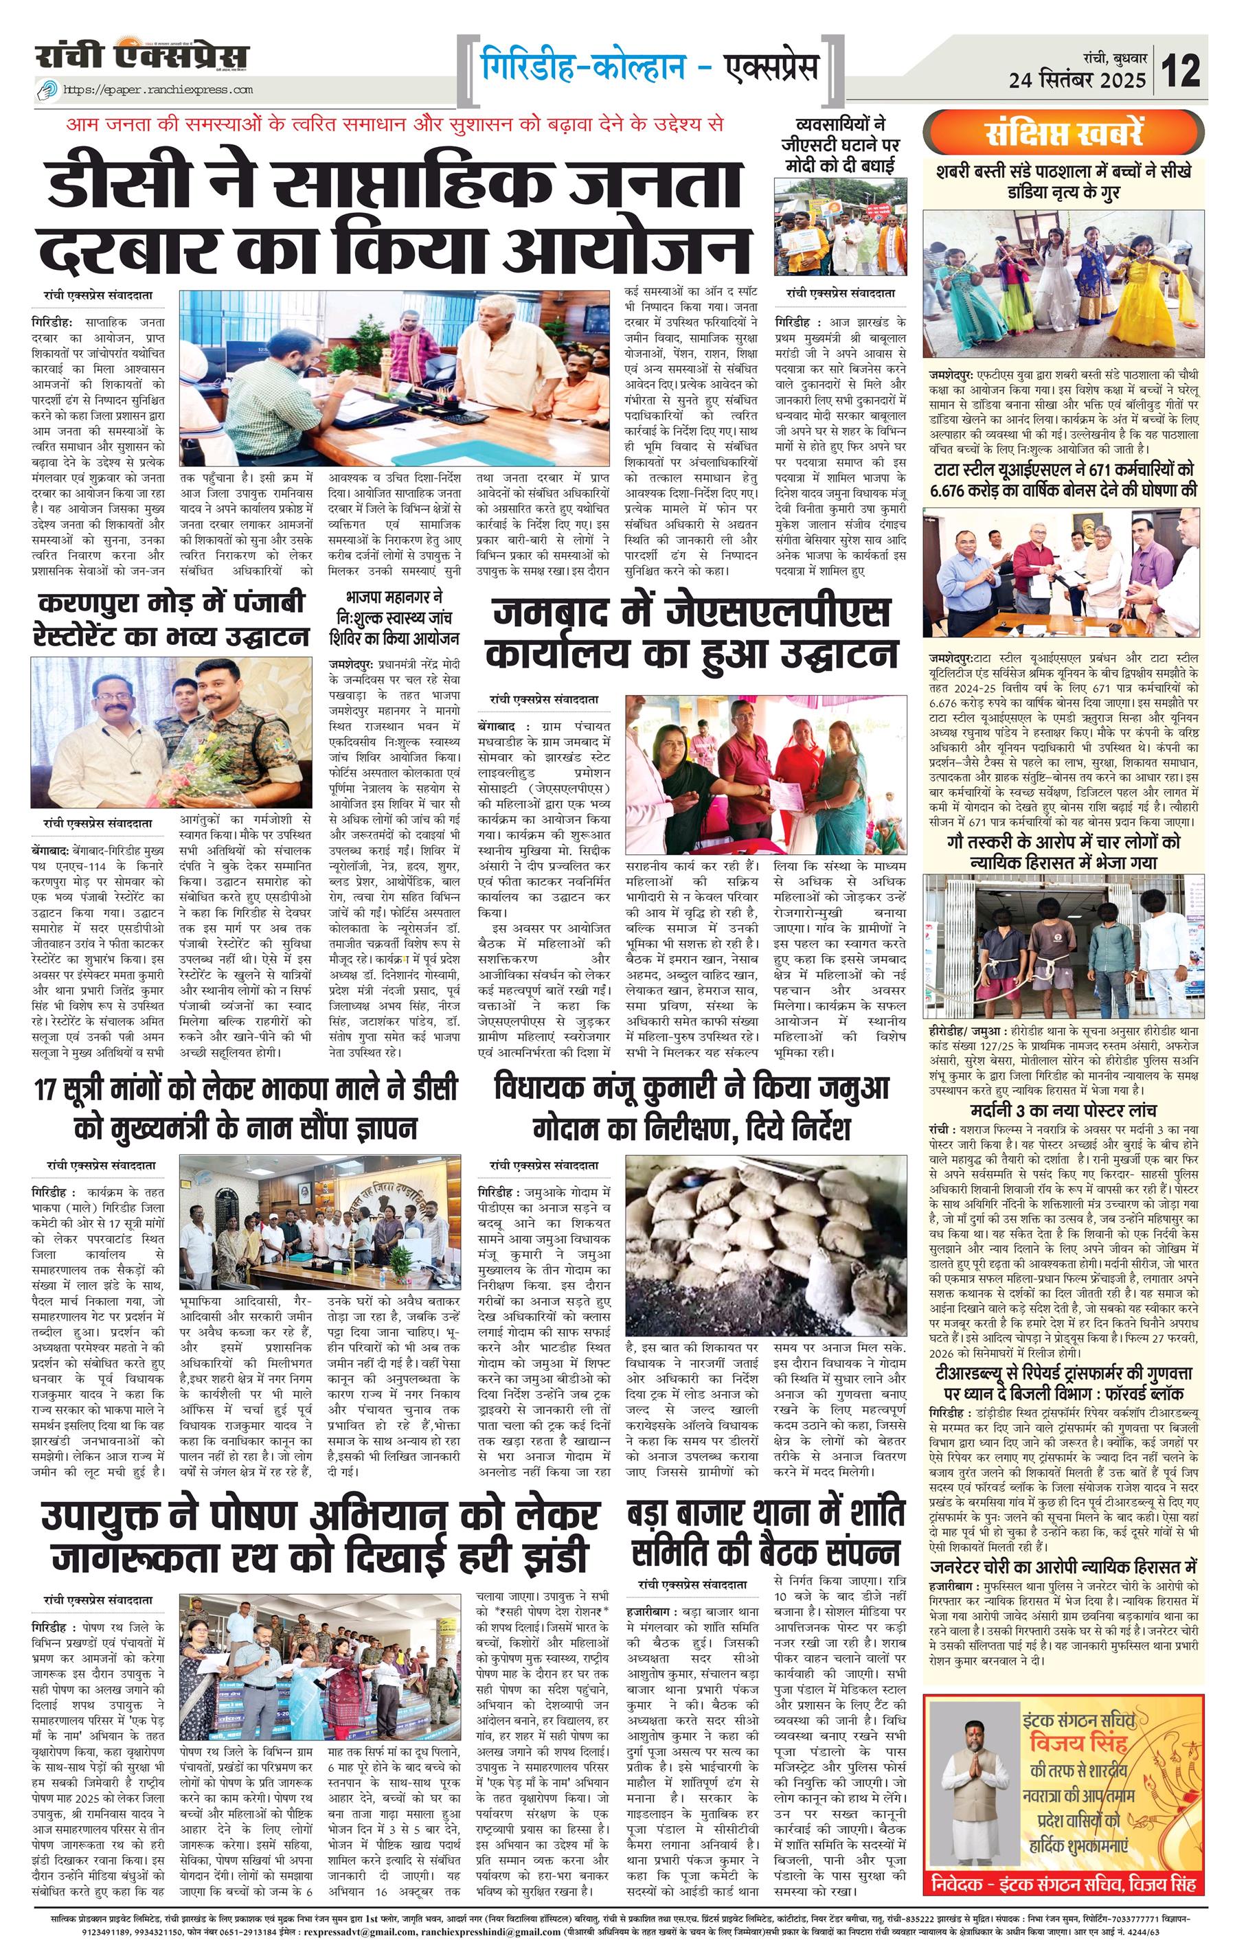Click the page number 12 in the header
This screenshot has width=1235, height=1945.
point(1181,69)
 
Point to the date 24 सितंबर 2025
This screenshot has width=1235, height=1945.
point(1077,79)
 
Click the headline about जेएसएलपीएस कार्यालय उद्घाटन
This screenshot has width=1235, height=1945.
point(694,633)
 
